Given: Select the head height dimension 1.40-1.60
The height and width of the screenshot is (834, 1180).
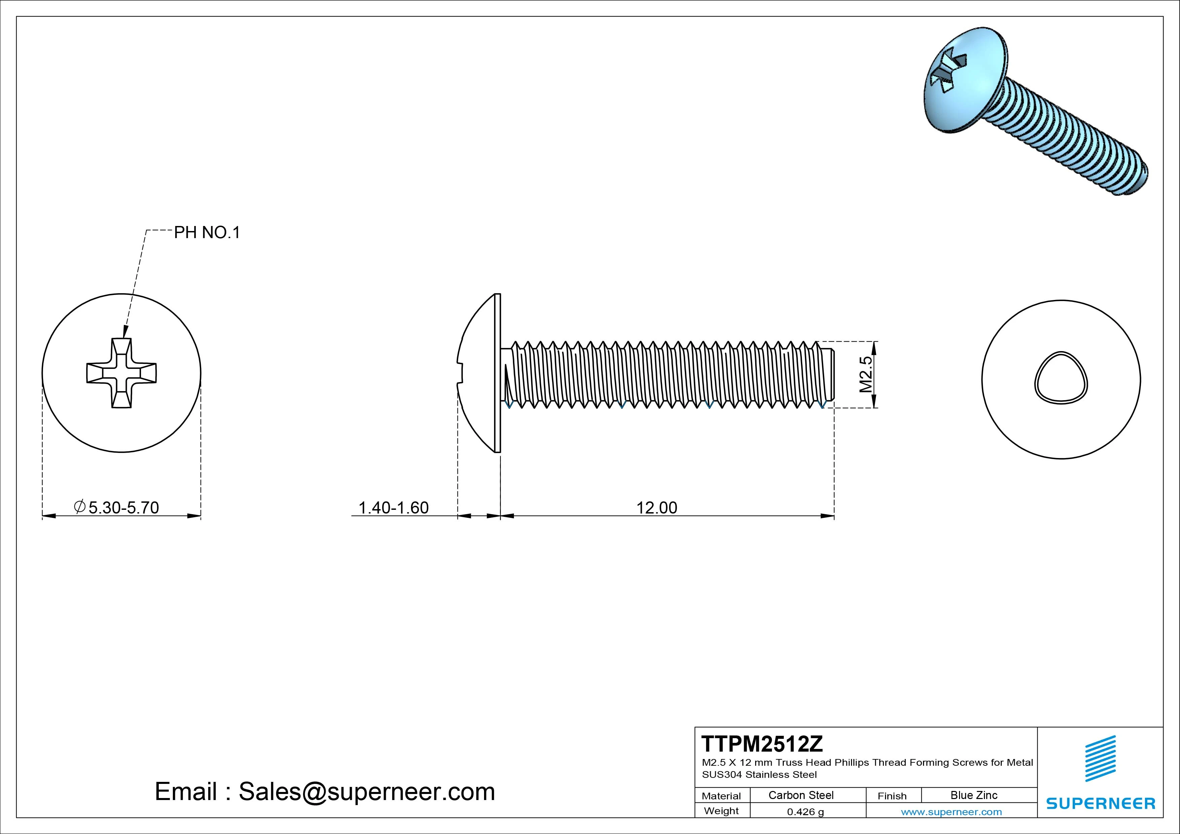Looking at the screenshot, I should pyautogui.click(x=393, y=508).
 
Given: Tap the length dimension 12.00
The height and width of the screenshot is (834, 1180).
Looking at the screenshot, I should pyautogui.click(x=657, y=508).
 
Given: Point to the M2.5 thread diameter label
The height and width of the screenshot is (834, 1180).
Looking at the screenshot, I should pyautogui.click(x=866, y=375).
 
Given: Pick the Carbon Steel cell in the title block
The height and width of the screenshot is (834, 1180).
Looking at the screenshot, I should pyautogui.click(x=801, y=795).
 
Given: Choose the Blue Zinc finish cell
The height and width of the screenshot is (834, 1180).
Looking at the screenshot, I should pyautogui.click(x=973, y=795).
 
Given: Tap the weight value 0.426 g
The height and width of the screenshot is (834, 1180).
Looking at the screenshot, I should pyautogui.click(x=805, y=812).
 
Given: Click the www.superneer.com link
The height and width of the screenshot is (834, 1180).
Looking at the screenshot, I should pyautogui.click(x=951, y=812).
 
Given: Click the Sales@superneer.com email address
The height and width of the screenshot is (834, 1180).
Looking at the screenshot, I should pyautogui.click(x=366, y=792).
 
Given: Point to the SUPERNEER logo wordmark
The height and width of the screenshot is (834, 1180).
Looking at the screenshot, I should pyautogui.click(x=1100, y=803).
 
